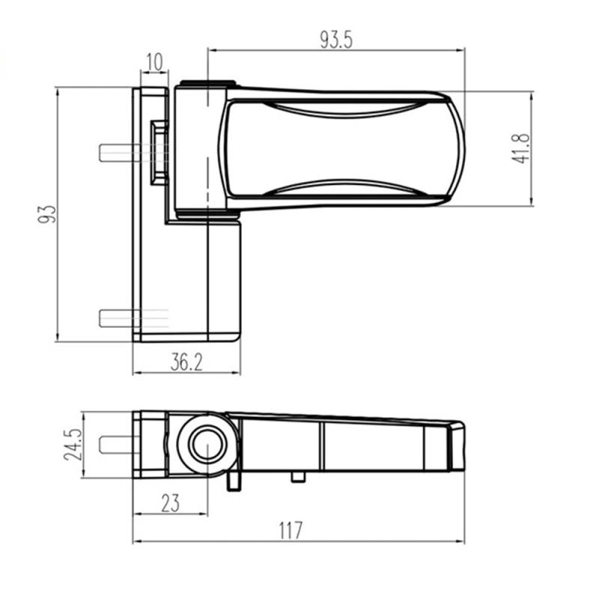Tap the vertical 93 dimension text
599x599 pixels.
tap(47, 214)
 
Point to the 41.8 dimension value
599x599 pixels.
tap(522, 148)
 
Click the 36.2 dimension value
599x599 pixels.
tap(186, 363)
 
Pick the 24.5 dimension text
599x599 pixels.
tap(73, 444)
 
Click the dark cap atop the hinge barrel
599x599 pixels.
tap(208, 84)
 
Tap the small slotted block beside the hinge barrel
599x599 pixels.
tap(158, 153)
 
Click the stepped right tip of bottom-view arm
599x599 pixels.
tap(456, 447)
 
